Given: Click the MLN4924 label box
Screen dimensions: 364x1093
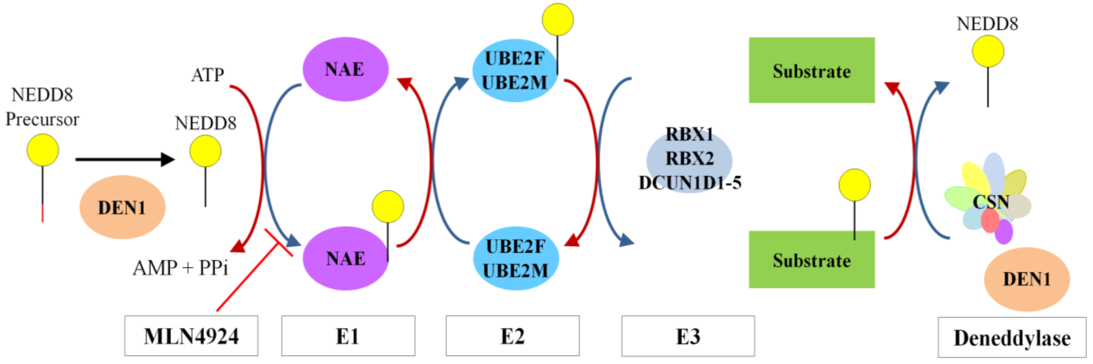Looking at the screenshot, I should [x=191, y=336].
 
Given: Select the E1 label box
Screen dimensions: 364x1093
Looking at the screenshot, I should [x=348, y=336].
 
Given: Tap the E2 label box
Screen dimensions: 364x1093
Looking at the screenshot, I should [x=512, y=336].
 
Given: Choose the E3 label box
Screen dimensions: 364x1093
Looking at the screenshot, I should [x=688, y=336].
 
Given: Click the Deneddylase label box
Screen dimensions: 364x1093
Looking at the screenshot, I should [x=1012, y=338].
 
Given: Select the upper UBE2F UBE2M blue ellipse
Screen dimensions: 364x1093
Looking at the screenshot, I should [x=515, y=70].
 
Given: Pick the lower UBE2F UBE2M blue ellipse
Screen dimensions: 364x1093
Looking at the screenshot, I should [x=516, y=259].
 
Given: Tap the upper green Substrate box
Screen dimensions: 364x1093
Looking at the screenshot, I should [x=811, y=70].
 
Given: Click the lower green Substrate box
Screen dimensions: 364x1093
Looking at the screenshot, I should [x=811, y=260].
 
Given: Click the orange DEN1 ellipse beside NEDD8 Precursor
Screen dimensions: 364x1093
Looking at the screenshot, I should [x=122, y=207].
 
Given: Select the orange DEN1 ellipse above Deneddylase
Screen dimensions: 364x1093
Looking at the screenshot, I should [x=1026, y=279].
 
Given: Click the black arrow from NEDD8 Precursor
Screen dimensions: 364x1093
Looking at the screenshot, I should [x=125, y=160].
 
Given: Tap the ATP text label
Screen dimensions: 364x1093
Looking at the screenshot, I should [x=208, y=75].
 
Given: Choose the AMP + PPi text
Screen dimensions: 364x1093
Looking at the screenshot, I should [x=180, y=268].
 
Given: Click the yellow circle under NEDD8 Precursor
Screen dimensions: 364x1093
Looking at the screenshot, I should [x=43, y=150].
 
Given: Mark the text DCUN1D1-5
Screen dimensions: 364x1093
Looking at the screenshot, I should [x=690, y=183].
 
